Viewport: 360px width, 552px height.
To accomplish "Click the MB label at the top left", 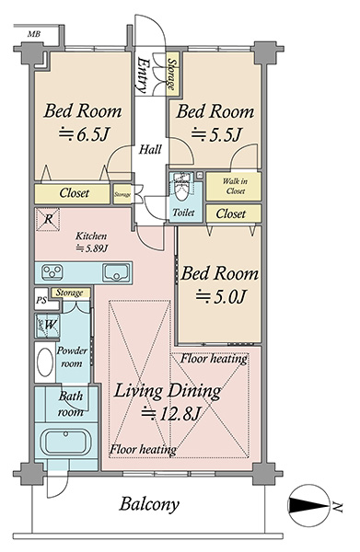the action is tap(34, 34).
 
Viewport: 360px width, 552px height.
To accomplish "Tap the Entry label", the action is tap(144, 75).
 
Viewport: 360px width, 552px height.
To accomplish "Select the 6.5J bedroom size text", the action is tap(85, 133).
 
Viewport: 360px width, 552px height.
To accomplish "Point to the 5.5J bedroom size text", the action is tap(216, 134).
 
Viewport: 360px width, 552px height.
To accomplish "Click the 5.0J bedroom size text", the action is tap(220, 296).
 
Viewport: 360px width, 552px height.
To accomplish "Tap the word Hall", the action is tap(150, 150).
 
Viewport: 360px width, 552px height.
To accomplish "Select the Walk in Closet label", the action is tap(235, 186).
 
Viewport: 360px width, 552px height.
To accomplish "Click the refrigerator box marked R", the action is tap(48, 219).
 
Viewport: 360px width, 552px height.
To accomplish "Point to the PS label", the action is tap(41, 301).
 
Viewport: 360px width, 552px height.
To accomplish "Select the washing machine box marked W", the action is tap(47, 326).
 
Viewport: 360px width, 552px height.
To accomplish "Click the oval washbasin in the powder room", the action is tap(45, 362).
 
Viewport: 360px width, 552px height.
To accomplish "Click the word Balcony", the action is tap(149, 504).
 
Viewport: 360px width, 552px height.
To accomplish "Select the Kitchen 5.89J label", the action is tap(91, 242).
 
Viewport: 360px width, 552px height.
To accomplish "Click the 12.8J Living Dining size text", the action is tap(171, 413).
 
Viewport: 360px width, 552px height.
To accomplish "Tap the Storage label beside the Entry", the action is tap(172, 74).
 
